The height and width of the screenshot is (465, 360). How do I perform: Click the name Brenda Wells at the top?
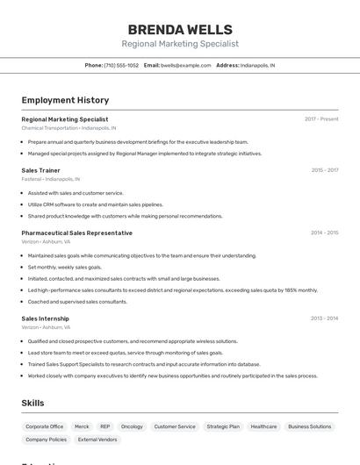click(x=180, y=30)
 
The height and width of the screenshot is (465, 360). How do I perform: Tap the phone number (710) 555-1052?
click(x=121, y=65)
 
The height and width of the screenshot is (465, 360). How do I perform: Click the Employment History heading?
click(x=65, y=100)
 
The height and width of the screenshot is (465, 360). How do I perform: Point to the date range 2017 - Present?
click(x=321, y=119)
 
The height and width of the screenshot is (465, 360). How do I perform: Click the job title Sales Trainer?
click(x=41, y=170)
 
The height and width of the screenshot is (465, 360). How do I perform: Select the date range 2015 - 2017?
click(x=325, y=170)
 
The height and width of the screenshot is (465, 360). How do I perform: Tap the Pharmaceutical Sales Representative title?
click(x=77, y=232)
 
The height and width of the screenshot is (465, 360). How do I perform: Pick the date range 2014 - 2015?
click(x=325, y=232)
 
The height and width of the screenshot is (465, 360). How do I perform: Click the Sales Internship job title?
click(x=46, y=318)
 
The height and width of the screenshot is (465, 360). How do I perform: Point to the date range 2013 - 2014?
click(x=325, y=318)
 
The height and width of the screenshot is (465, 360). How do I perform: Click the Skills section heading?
click(x=33, y=403)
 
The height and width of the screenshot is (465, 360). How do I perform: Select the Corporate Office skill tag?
click(x=45, y=426)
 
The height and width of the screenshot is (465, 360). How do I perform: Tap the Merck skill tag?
click(x=82, y=426)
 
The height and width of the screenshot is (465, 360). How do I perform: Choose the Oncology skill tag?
click(x=132, y=426)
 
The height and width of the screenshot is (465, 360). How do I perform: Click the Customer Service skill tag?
click(x=175, y=426)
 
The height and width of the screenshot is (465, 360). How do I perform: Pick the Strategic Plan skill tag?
click(x=223, y=426)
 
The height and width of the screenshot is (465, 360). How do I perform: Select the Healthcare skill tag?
click(x=263, y=426)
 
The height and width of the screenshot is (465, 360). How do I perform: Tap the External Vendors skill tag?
click(x=97, y=440)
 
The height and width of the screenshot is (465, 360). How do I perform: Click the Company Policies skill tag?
click(x=46, y=440)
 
